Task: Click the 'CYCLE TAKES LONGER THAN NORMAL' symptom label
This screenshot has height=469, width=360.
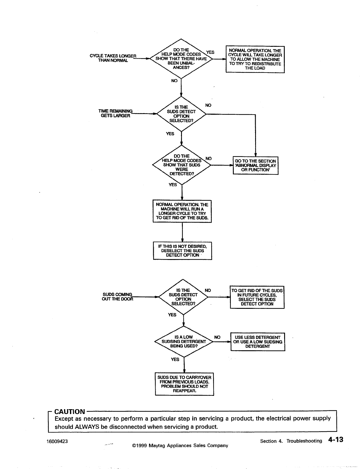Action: tap(113, 58)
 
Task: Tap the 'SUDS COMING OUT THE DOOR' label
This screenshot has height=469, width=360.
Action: tap(118, 296)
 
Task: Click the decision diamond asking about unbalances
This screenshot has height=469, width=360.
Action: tap(181, 59)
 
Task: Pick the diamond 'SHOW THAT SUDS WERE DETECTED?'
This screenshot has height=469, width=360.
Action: tap(181, 165)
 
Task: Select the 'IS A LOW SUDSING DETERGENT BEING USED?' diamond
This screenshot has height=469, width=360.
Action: tap(184, 341)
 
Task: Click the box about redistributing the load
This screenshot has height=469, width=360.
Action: tap(255, 60)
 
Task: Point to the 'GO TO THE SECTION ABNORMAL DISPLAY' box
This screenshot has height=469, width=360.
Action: tap(255, 166)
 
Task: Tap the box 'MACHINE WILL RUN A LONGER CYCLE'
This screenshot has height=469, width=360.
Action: tap(182, 211)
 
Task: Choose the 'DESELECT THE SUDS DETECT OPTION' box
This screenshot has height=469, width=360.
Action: tap(183, 251)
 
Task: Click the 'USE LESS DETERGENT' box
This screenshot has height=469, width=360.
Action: tap(257, 342)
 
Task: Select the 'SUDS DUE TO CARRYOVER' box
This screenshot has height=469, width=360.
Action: tap(184, 384)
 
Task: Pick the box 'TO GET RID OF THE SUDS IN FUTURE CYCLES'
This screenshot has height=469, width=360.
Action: tap(257, 297)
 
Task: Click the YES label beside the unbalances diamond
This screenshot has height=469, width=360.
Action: tap(210, 52)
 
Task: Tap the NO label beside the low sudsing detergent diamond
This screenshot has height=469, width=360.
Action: tap(217, 337)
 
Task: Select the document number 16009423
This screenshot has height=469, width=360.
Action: tap(57, 441)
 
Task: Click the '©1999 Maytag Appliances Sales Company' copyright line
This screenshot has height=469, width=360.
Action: tap(180, 446)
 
